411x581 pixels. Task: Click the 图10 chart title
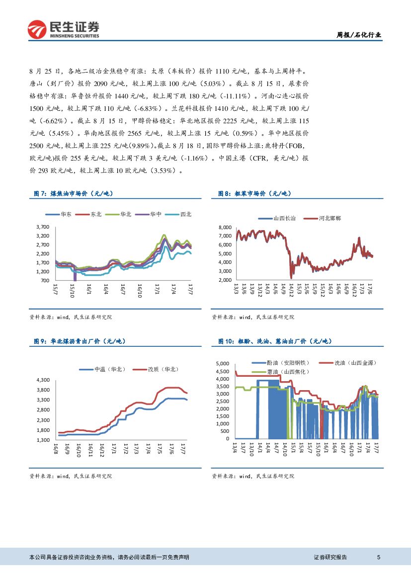(x=275, y=341)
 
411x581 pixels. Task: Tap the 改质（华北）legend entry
(x=156, y=369)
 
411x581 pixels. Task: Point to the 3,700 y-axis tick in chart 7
(x=43, y=227)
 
